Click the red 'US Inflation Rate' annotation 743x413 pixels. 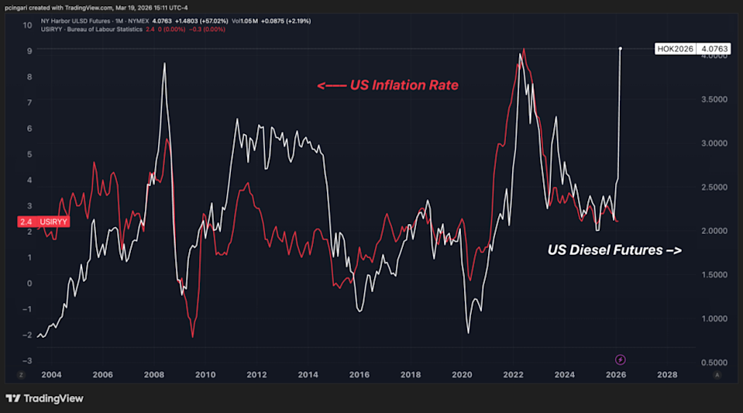[x=387, y=85]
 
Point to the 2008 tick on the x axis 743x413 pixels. [x=154, y=374]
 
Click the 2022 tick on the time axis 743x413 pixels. [x=514, y=374]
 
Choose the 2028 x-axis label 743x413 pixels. [x=667, y=374]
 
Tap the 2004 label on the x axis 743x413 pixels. [x=52, y=374]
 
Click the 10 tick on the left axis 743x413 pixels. [x=27, y=25]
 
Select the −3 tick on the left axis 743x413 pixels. [x=27, y=360]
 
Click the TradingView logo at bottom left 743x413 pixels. [x=44, y=398]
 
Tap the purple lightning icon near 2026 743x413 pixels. [x=621, y=360]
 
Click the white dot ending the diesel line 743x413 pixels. [x=620, y=48]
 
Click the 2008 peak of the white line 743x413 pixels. [x=164, y=64]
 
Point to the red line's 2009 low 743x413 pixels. [x=192, y=336]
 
